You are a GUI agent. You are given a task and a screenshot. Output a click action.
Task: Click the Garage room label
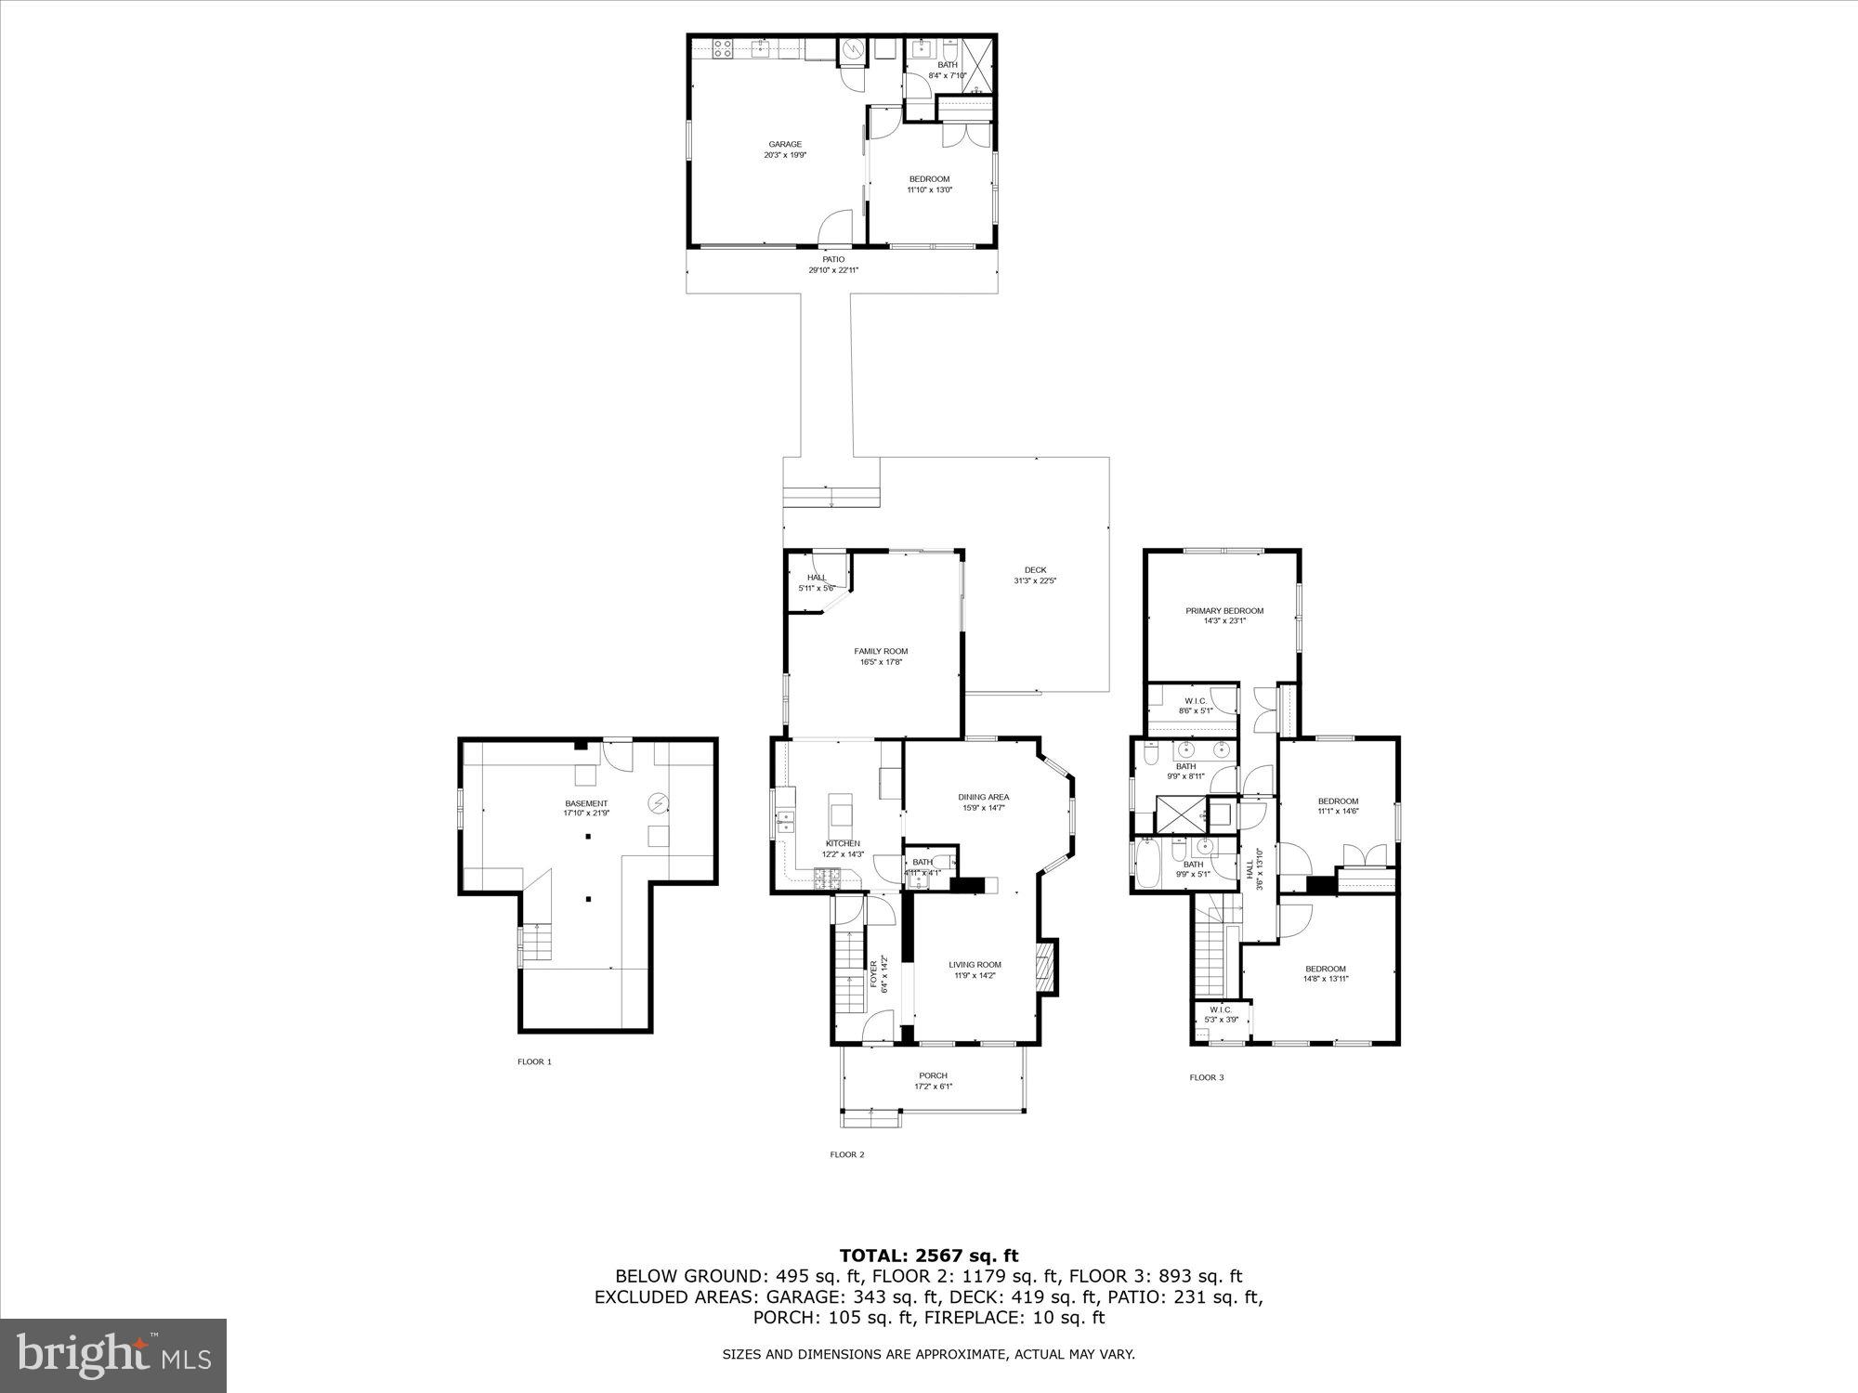click(785, 144)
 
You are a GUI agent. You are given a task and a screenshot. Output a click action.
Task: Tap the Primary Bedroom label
click(1223, 611)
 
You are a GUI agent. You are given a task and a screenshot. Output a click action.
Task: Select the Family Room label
click(881, 651)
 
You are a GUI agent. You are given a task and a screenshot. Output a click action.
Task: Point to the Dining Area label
click(983, 797)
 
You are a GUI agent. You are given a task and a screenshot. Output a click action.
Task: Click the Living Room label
click(975, 964)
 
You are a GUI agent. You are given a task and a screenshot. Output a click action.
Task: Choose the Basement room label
click(586, 803)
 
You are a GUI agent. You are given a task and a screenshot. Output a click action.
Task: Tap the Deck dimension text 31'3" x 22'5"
click(1035, 581)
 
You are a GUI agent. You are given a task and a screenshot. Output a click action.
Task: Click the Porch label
click(933, 1075)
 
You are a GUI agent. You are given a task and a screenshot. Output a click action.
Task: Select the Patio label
click(833, 260)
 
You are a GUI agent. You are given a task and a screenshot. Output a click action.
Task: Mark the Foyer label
click(873, 973)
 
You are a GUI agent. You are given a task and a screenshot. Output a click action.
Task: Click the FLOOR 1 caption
click(534, 1061)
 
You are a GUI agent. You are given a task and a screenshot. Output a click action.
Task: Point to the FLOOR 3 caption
click(1207, 1077)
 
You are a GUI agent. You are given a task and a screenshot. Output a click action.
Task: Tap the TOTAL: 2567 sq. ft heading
click(929, 1256)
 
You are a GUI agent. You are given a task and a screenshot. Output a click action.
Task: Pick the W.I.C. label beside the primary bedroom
click(1195, 700)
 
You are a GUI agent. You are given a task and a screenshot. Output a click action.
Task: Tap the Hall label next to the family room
click(816, 578)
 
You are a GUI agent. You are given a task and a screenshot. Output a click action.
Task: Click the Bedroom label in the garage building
click(929, 179)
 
